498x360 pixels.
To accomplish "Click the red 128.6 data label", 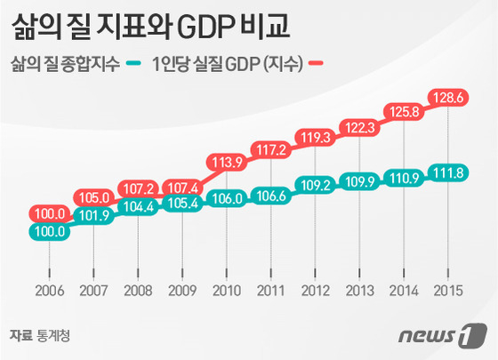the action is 448,98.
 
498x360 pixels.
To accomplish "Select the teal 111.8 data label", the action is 448,173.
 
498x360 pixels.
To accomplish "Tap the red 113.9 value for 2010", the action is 227,162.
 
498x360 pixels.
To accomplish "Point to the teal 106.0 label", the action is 227,199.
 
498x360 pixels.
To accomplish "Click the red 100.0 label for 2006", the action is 50,213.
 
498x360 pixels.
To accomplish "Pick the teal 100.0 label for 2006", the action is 50,231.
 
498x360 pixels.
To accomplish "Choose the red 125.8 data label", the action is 404,112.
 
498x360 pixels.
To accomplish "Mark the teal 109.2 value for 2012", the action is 316,185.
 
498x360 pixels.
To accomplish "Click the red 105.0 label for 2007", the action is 93,197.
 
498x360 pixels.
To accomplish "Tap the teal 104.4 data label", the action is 138,207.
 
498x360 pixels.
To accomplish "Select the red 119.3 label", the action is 316,138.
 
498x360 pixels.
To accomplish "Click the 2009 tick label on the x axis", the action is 182,291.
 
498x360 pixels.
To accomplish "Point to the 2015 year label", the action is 448,291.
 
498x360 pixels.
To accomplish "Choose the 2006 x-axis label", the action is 50,291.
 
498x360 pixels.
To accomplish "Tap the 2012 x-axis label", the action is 316,291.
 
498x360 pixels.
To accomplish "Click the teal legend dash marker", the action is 133,63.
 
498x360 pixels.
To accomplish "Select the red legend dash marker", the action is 316,63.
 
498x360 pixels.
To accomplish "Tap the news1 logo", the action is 443,335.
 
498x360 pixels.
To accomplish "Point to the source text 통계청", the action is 53,336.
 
